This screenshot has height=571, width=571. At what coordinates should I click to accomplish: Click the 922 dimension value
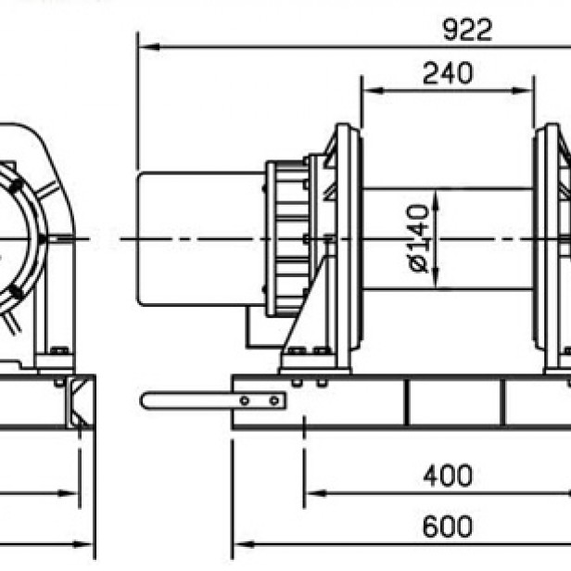466,30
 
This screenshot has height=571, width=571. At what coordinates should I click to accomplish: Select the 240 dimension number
447,73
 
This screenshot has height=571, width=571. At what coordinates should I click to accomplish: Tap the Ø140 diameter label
419,238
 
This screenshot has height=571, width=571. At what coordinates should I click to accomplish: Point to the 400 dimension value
448,476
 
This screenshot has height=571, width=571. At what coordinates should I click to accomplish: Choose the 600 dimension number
448,526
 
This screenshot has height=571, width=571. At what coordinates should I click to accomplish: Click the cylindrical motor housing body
199,238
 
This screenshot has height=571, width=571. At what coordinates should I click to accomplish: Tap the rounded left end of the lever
146,400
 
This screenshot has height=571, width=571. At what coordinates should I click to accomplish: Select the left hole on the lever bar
244,400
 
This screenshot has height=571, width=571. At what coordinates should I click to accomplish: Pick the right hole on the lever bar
273,400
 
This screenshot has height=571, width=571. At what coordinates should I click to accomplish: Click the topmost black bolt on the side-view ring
16,185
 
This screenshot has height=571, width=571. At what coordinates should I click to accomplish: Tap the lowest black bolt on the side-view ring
16,293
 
